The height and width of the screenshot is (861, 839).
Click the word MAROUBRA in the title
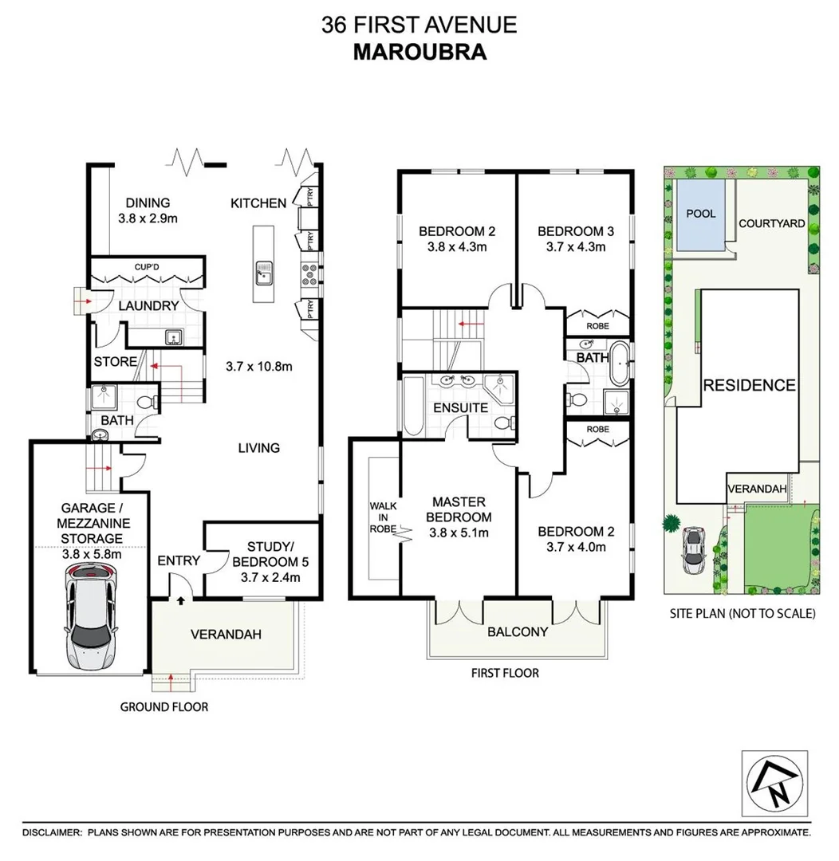coord(419,52)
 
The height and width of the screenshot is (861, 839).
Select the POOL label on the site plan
coord(701,214)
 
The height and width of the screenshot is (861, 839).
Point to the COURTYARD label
coord(771,223)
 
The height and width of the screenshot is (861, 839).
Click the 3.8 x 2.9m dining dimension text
coord(148,218)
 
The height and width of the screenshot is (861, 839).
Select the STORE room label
coord(116,362)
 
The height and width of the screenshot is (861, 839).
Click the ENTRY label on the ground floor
coord(179,560)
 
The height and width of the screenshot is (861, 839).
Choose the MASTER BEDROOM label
coord(459,509)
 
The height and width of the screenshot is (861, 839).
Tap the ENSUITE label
coord(460,407)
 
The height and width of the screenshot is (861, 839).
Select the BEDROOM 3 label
coord(575,231)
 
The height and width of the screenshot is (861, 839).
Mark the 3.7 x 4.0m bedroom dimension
coord(575,547)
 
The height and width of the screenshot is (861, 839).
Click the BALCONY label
coord(518,632)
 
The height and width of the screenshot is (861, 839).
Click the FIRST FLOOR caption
coord(504,673)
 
